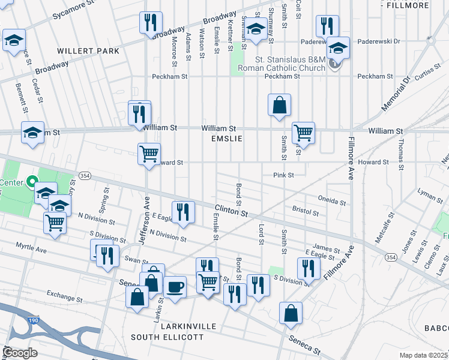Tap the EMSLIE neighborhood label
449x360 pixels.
click(226, 139)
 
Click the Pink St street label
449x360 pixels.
click(283, 175)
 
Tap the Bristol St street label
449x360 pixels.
click(305, 212)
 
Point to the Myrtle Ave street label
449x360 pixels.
click(31, 248)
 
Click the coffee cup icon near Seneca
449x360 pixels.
click(175, 286)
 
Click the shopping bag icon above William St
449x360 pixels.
click(279, 105)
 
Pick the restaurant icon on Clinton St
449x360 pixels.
click(183, 211)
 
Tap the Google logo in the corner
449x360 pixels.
click(20, 353)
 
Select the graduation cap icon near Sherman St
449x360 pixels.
click(255, 29)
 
